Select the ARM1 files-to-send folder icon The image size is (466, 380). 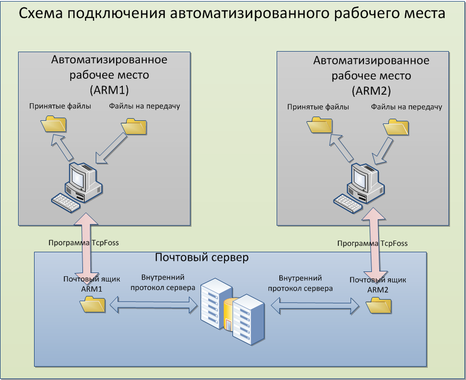(x=134, y=126)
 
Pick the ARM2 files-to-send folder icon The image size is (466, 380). (x=396, y=127)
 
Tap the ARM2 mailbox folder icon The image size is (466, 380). (x=379, y=305)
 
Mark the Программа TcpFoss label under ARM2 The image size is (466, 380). (x=372, y=243)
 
